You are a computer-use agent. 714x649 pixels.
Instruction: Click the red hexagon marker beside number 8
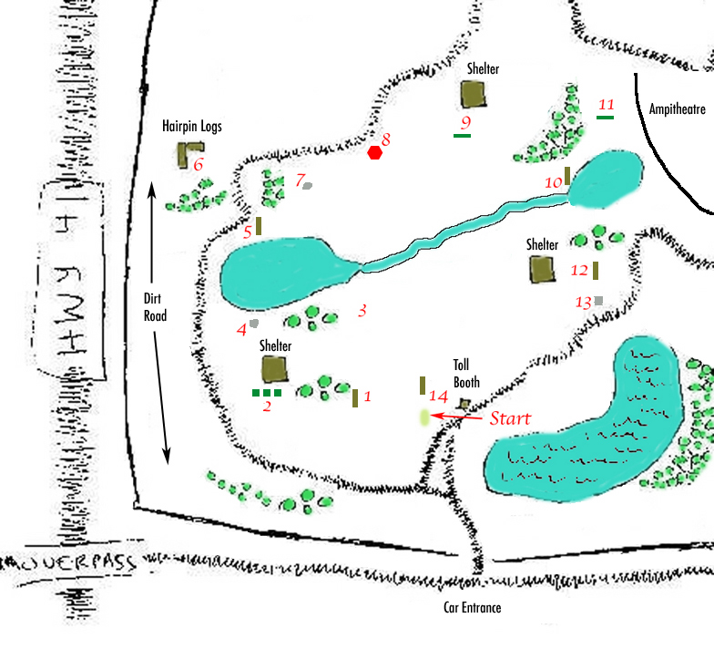[374, 153]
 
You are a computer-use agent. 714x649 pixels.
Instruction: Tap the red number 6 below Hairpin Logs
[198, 165]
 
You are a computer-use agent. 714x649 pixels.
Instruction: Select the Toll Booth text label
[466, 374]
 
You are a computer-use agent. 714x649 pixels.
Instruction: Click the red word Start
[510, 419]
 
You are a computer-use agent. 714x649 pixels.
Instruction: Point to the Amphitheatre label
[677, 109]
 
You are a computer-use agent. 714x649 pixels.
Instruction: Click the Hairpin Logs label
[192, 127]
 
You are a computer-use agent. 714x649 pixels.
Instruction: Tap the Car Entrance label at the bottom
[466, 608]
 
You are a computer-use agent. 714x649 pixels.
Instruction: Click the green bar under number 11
[605, 117]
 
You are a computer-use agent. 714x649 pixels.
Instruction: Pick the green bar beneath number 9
[463, 135]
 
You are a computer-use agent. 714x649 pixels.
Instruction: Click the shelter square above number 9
[473, 94]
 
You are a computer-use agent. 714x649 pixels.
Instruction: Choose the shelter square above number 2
[274, 369]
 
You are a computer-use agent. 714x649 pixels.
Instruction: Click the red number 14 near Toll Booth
[438, 397]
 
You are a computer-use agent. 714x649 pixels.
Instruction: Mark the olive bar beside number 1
[354, 398]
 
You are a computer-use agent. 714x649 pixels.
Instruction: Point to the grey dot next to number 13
[598, 300]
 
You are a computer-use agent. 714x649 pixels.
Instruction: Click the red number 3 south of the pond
[362, 311]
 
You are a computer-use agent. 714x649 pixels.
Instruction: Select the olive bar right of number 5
[259, 226]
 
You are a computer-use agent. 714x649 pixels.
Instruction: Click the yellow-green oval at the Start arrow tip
[424, 417]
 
